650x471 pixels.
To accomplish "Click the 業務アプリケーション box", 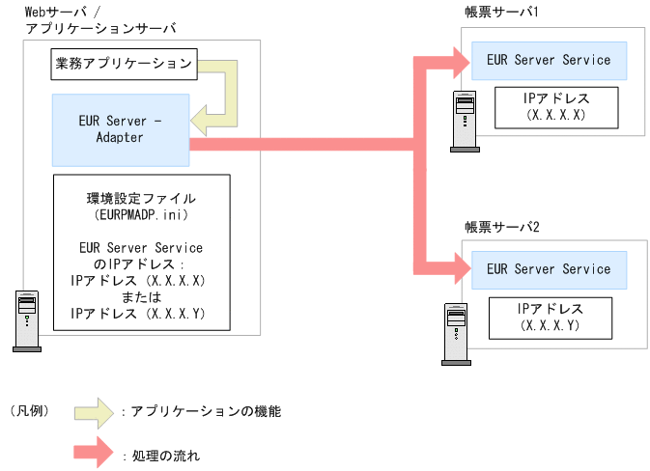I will pos(124,66).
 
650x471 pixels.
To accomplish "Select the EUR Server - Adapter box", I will pos(120,129).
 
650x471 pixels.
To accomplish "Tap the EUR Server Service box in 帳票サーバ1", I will pos(549,60).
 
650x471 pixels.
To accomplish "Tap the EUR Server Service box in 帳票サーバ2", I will pos(549,269).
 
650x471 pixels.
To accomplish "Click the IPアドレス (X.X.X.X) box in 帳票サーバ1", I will pos(554,107).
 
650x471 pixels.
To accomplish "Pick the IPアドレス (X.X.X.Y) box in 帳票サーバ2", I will pos(550,317).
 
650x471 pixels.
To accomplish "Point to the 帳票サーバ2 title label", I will pos(500,227).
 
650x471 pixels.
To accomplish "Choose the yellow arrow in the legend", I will pos(94,411).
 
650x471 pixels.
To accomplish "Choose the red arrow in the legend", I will pos(94,452).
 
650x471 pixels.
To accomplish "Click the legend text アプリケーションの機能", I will pos(206,411).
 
